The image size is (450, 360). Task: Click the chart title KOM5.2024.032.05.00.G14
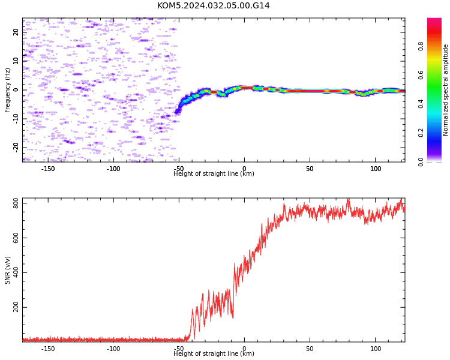coord(213,6)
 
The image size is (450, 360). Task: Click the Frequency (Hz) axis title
coord(7,90)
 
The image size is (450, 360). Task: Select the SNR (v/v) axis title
coord(7,270)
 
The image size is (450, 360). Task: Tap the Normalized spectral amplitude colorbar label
coord(445,90)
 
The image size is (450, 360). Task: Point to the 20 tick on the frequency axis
coord(16,32)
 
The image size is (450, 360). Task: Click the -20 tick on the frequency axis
coord(16,147)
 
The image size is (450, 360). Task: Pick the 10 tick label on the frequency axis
coord(16,61)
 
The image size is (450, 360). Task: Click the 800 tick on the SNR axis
coord(16,203)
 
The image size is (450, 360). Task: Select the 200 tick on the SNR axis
coord(16,307)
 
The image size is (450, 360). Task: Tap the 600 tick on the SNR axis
coord(16,238)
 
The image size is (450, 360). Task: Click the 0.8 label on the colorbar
coord(421,46)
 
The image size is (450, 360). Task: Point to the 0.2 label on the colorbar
coord(421,133)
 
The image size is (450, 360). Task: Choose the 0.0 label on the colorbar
coord(421,161)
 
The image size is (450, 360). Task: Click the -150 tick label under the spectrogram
coord(48,169)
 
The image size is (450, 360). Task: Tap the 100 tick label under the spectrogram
coord(376,169)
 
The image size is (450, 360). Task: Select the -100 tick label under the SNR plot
coord(113,349)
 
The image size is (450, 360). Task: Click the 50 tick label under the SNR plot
coord(310,349)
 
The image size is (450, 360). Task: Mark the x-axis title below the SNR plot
coord(214,353)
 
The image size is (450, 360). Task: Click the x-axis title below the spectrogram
coord(214,173)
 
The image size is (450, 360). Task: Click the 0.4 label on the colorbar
coord(421,104)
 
